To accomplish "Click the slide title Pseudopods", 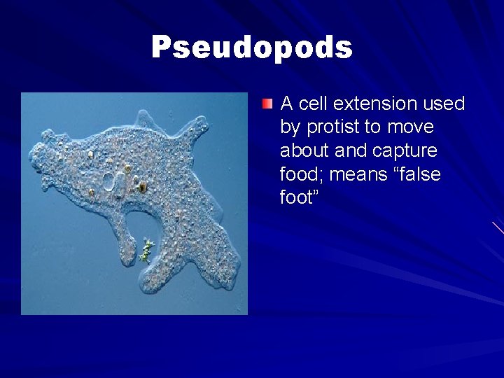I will pyautogui.click(x=252, y=48).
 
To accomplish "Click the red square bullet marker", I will pyautogui.click(x=267, y=104).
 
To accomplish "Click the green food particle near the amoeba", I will pyautogui.click(x=146, y=250).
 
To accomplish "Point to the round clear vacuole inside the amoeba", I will pyautogui.click(x=109, y=182).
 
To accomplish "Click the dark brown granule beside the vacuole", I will pyautogui.click(x=142, y=187).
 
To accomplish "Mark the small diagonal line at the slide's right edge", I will pyautogui.click(x=498, y=227).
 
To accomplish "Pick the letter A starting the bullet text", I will pyautogui.click(x=286, y=104).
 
